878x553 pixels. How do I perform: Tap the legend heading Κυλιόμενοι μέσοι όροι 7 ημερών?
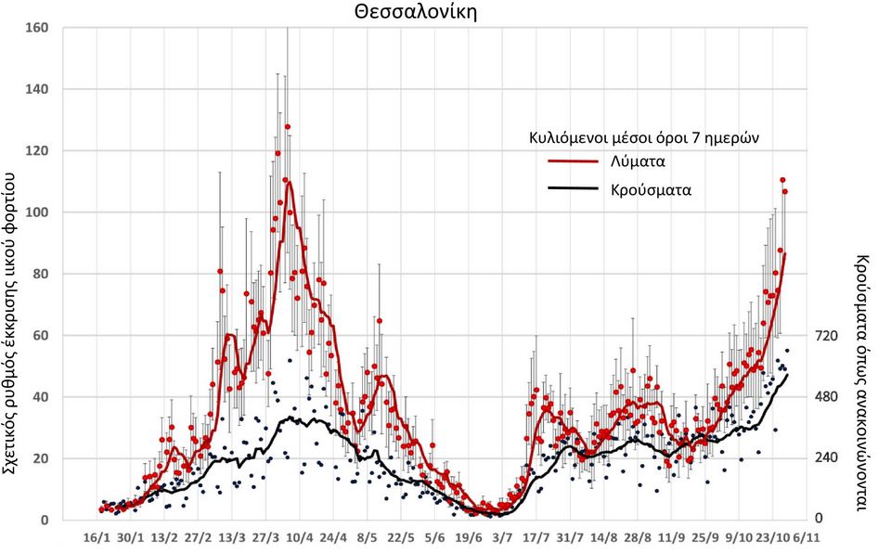point(639,138)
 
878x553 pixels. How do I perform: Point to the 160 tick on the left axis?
point(38,28)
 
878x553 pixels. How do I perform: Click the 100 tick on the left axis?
point(38,212)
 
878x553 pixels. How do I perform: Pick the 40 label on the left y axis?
point(42,397)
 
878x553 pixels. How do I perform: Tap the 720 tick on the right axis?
point(827,336)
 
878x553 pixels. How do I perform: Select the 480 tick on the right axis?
point(827,397)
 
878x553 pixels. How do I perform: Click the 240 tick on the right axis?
point(827,458)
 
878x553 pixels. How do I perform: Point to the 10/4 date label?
point(299,537)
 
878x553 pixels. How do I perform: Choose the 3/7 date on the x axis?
point(502,537)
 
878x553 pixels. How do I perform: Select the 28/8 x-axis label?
point(638,537)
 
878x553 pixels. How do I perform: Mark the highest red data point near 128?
point(288,126)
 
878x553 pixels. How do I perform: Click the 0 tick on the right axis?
point(817,520)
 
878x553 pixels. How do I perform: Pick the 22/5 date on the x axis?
point(401,537)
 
